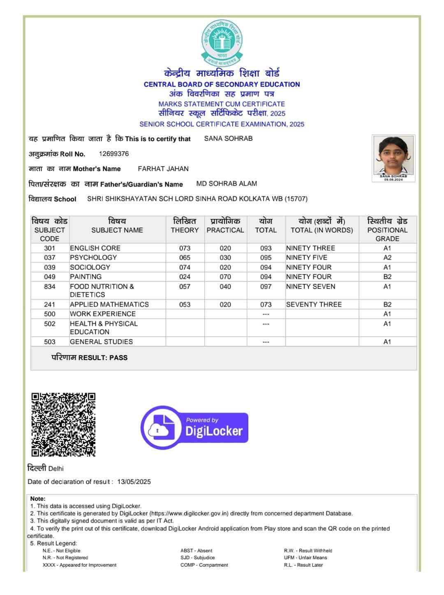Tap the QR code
63,424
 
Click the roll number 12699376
114,154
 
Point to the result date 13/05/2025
134,482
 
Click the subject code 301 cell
50,248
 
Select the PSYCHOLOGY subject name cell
93,258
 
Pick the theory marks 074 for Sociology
185,267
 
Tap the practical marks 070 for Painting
225,277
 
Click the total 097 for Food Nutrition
266,286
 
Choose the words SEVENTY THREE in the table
314,304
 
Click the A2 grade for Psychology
387,258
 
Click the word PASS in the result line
118,358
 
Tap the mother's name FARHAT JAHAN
163,169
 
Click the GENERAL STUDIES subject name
101,342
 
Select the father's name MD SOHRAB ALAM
227,184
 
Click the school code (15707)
296,199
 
